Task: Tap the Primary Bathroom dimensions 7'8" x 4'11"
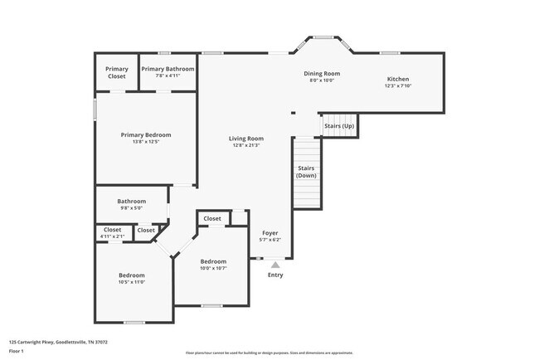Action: tap(168, 75)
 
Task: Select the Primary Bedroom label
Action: tap(145, 134)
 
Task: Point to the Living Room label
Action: tap(246, 139)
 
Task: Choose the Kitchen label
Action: tap(398, 79)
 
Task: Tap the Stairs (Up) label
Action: tap(338, 126)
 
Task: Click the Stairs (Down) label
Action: tap(306, 172)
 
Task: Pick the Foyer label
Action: tap(269, 233)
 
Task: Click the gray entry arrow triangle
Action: tap(275, 264)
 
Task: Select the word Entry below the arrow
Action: tap(275, 275)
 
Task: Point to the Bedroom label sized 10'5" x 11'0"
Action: tap(131, 275)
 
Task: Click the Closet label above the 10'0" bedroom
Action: tap(212, 219)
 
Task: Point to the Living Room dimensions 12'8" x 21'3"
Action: tap(246, 145)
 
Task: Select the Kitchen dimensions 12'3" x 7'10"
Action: tap(398, 85)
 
